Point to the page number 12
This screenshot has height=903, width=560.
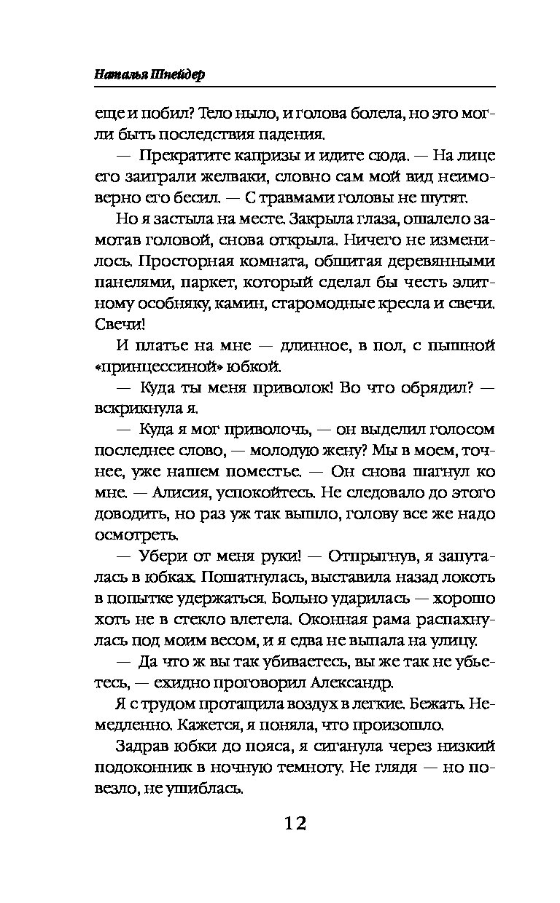point(285,824)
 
